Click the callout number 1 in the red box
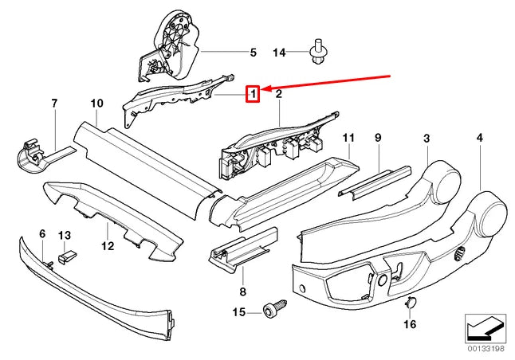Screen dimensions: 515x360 point(253,94)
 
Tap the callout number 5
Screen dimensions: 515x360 point(253,53)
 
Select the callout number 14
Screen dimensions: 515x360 point(280,53)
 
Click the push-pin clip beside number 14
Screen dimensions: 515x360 point(318,52)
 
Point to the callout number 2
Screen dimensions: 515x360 point(278,95)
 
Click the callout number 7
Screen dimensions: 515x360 point(54,103)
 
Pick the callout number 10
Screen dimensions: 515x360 point(97,103)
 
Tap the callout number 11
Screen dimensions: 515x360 point(348,138)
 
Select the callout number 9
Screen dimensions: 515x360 point(378,138)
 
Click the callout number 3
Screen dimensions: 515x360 point(427,138)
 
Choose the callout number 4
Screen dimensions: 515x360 point(480,138)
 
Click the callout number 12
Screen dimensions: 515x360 point(108,245)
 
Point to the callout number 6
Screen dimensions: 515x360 point(42,234)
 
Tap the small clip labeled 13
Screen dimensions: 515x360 point(67,256)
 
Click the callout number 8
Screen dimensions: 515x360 point(242,291)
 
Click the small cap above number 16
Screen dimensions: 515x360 point(411,302)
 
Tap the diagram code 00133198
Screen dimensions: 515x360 point(486,348)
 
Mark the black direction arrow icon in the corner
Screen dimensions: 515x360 point(486,328)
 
